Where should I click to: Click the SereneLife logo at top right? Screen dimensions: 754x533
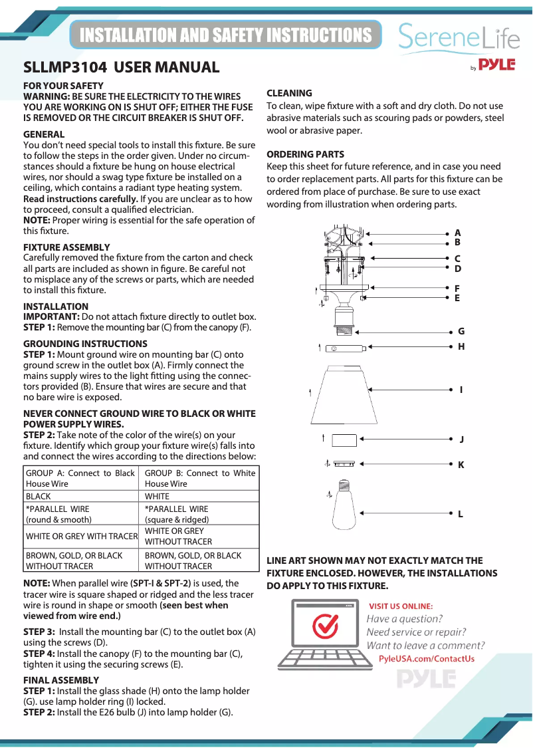(x=459, y=38)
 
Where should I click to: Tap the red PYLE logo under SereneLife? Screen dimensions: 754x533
(x=497, y=64)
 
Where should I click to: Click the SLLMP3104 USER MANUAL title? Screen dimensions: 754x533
(x=122, y=67)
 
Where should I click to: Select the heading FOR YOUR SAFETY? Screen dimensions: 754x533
(x=63, y=86)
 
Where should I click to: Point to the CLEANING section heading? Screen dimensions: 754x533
(x=289, y=93)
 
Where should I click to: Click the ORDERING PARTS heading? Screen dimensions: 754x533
(x=305, y=154)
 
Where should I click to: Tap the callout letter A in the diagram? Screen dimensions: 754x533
(x=457, y=233)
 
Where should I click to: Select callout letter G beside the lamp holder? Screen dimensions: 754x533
(x=461, y=331)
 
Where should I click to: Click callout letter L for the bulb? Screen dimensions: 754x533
(x=460, y=514)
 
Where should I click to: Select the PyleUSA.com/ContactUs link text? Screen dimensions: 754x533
(x=426, y=659)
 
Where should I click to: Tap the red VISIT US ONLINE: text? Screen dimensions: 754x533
(x=401, y=606)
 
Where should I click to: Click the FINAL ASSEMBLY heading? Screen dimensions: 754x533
(x=61, y=680)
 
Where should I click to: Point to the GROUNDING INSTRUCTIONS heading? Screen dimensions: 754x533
(x=85, y=344)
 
